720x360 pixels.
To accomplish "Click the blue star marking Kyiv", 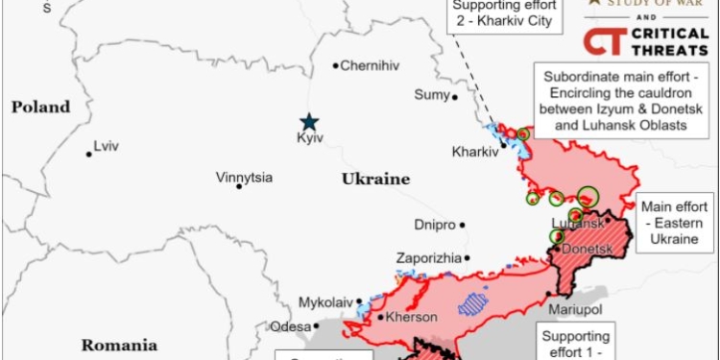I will (309, 121).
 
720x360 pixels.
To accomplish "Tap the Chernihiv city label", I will (371, 65).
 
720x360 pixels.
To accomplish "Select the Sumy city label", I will (431, 94).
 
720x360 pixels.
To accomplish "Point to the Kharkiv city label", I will (475, 151).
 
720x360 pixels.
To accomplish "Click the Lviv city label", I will (107, 147).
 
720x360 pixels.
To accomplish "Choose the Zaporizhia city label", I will (428, 257).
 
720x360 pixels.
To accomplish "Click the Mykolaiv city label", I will (325, 301).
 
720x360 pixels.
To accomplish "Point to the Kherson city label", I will (411, 317).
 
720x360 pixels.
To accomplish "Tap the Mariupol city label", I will (575, 310).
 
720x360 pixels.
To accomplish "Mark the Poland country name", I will (41, 107).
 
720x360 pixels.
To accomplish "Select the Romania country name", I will (118, 345).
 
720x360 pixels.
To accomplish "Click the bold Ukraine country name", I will (374, 179).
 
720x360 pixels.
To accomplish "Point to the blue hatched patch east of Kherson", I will (472, 304).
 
